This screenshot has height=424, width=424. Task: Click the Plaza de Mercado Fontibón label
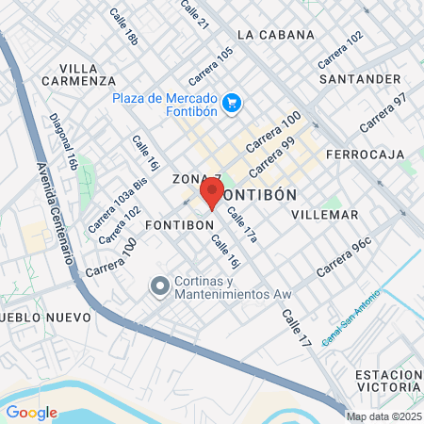[x=166, y=107]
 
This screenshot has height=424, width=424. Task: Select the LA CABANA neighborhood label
[x=276, y=35]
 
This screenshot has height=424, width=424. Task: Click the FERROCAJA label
[x=365, y=154]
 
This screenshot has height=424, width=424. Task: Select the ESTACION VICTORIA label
[x=387, y=381]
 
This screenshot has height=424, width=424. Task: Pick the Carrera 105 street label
[x=210, y=65]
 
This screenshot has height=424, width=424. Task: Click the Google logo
[x=31, y=412]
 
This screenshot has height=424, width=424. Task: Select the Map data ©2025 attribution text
[x=383, y=416]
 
